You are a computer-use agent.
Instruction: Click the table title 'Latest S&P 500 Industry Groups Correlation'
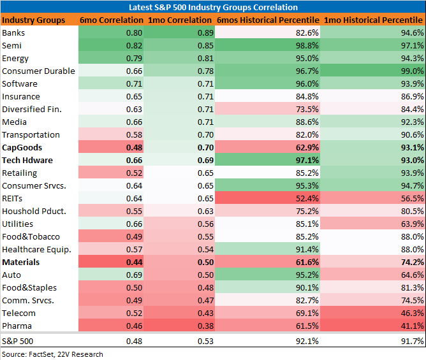[213, 7]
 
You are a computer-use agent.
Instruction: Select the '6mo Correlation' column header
[112, 20]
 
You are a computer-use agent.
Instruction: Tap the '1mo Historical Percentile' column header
[373, 20]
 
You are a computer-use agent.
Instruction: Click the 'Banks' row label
[13, 33]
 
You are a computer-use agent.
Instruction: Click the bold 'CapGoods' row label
[22, 147]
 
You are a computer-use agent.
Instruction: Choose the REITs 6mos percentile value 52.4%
[307, 198]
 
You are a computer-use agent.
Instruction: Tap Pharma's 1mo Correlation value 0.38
[205, 326]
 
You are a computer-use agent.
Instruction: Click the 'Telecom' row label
[18, 313]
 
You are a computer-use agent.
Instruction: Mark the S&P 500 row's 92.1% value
[307, 342]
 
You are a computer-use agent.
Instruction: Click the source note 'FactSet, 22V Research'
[66, 354]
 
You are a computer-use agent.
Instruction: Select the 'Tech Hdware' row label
[27, 160]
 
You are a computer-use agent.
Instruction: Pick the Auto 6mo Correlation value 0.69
[134, 275]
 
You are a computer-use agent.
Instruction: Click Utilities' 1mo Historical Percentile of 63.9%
[413, 224]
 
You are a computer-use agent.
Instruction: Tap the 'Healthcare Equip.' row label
[37, 250]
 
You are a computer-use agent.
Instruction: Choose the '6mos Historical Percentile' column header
[268, 20]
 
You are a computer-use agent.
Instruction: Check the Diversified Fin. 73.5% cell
[307, 109]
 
